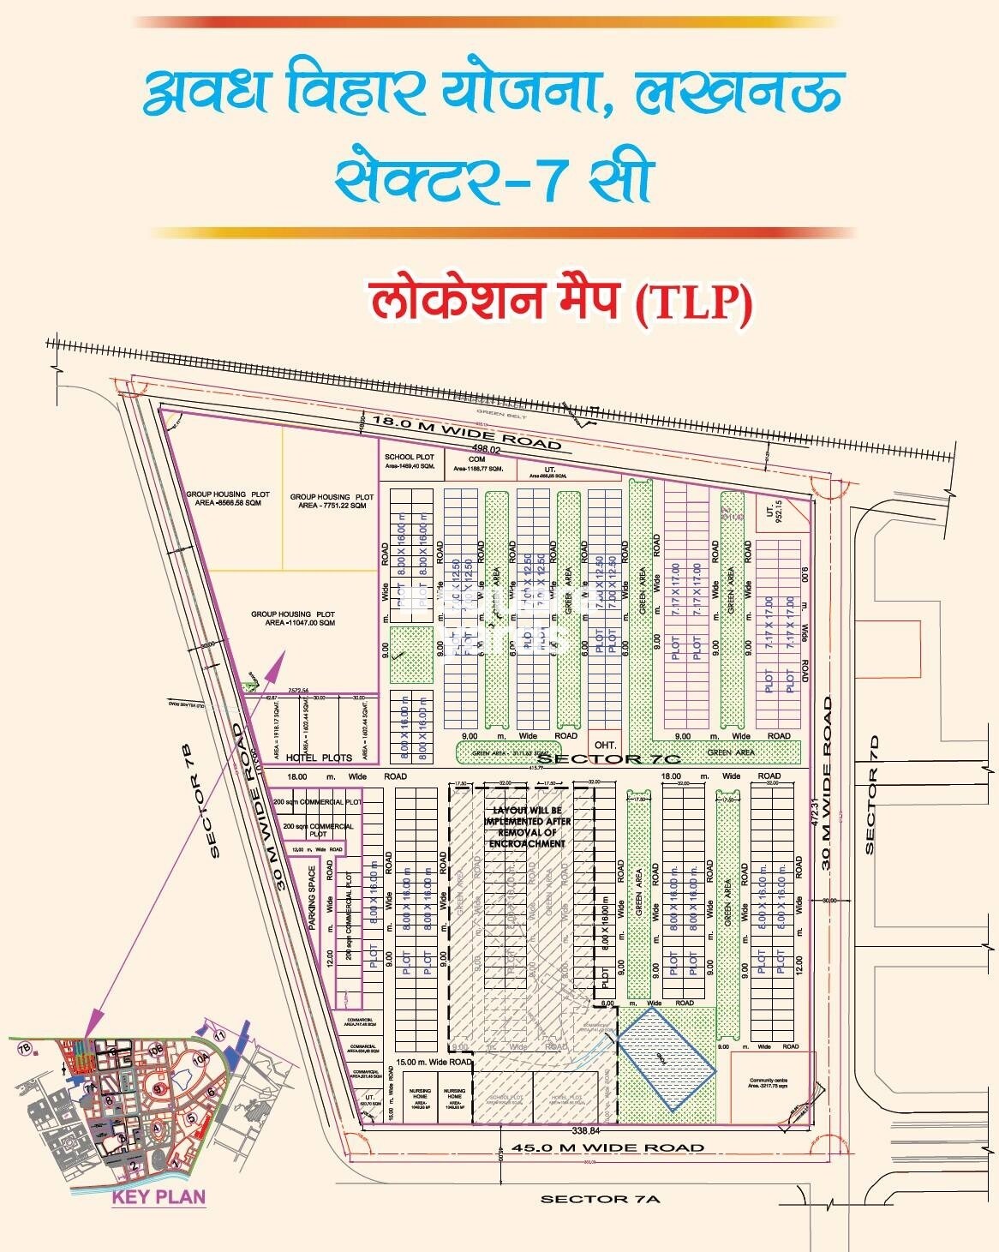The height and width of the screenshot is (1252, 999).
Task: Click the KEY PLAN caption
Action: [x=159, y=1196]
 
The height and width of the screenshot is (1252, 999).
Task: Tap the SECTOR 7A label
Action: [x=600, y=1199]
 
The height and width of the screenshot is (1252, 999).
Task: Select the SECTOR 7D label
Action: [x=872, y=794]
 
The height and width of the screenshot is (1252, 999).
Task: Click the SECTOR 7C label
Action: [x=608, y=758]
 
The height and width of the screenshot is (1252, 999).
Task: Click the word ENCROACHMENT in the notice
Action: [x=527, y=843]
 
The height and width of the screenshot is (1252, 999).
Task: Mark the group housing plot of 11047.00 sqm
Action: [x=292, y=618]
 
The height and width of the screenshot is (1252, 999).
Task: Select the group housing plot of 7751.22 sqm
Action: [x=332, y=500]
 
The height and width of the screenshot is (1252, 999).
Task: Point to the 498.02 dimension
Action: [x=485, y=447]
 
